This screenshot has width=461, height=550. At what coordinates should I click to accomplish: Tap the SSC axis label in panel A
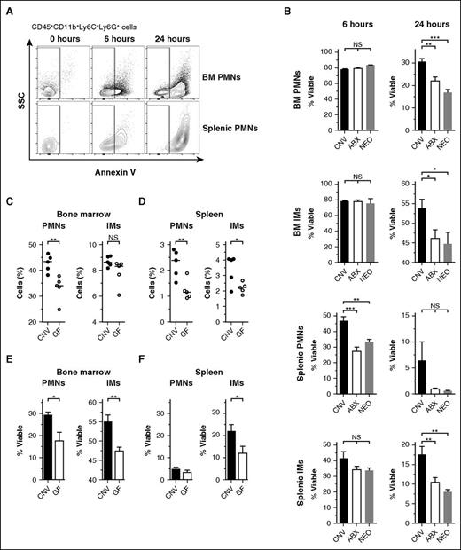[20, 105]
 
